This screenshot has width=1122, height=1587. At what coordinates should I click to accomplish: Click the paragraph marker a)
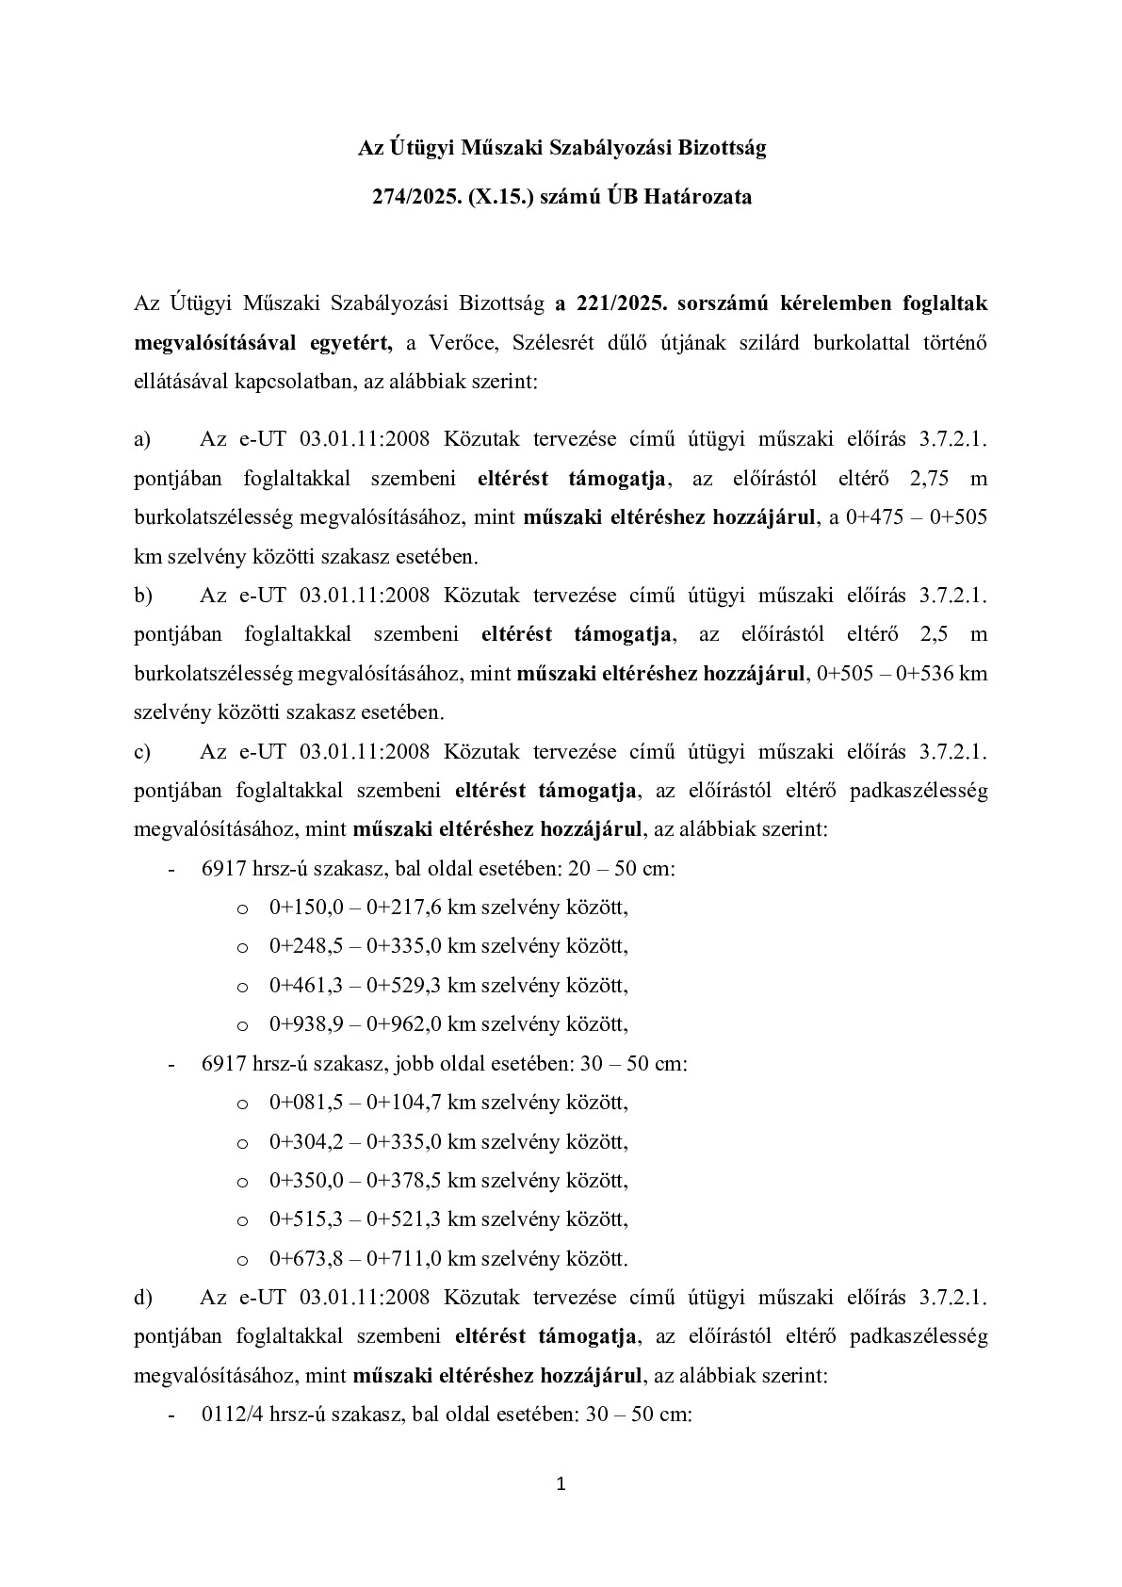(x=143, y=439)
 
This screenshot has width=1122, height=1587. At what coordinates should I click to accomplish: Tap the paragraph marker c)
(x=143, y=752)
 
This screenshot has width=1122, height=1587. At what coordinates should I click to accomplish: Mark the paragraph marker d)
(x=143, y=1298)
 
